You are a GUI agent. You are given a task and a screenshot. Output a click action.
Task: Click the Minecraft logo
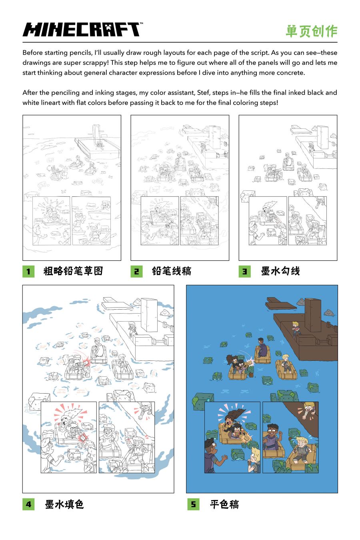point(82,30)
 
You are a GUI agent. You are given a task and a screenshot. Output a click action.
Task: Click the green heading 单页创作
point(312,31)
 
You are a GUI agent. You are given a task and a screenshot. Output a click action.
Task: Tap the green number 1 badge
point(28,271)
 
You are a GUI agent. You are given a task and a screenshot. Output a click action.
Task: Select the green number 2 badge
point(136,271)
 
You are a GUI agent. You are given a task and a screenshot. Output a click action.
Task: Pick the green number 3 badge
point(244,271)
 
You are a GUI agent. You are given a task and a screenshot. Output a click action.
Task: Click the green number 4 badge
point(28,504)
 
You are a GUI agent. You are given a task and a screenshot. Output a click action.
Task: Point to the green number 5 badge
point(193,504)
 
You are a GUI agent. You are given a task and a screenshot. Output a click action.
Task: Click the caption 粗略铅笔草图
point(73,271)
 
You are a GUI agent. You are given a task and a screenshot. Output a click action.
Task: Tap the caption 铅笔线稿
point(172,271)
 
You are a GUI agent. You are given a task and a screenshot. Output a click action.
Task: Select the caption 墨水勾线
point(280,271)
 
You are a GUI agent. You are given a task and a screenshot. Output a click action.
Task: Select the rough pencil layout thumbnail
point(72,188)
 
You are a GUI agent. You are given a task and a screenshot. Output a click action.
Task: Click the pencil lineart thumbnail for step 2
point(180,188)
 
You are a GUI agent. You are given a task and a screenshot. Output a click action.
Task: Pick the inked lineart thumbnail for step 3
point(288,188)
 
